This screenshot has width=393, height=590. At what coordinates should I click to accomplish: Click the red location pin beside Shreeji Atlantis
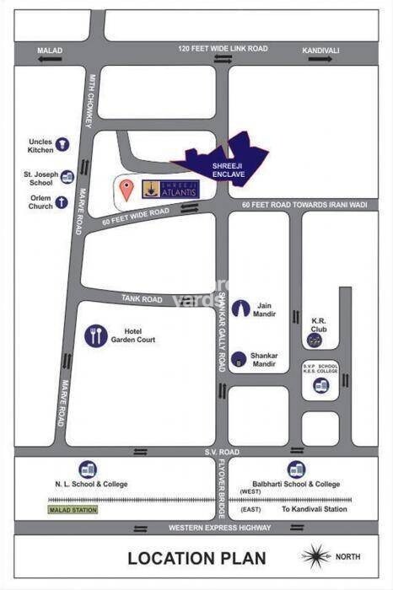(126, 189)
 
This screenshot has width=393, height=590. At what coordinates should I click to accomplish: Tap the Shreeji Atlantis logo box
(172, 189)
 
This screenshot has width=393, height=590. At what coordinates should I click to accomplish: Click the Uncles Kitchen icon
(63, 145)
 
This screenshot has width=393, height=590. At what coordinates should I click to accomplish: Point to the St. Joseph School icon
(67, 176)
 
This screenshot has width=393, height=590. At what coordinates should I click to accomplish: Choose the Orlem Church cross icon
(62, 202)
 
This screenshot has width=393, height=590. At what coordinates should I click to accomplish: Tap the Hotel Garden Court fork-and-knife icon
(96, 336)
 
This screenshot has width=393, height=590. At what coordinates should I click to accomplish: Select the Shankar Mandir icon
(240, 359)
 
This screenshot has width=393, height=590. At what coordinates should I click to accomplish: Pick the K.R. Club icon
(315, 340)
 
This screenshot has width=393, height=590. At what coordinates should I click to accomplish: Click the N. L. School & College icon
(88, 469)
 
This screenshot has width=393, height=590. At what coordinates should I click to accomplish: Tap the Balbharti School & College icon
(296, 469)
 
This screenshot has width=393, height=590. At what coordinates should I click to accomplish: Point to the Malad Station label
(73, 510)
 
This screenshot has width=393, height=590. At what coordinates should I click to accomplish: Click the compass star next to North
(316, 556)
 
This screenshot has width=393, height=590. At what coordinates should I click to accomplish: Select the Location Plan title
(196, 557)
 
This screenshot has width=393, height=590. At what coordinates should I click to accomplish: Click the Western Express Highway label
(220, 528)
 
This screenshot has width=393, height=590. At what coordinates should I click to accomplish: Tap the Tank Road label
(141, 299)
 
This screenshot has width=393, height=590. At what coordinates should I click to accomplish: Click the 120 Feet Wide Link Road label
(223, 49)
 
